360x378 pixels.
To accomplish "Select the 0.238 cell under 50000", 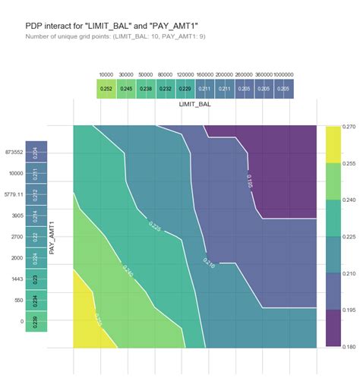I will [147, 89].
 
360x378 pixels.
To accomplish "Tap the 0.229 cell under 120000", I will [185, 89].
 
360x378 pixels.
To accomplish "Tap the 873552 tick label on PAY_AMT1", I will [14, 152].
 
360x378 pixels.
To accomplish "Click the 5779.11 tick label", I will [14, 194].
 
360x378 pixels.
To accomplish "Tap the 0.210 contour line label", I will [209, 262].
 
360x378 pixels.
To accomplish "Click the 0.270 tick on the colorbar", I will [346, 126].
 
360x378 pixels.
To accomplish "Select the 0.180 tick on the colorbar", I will [346, 347].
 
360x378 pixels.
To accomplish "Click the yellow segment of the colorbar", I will [332, 143].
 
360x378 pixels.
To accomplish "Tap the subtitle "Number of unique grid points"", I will [115, 36].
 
